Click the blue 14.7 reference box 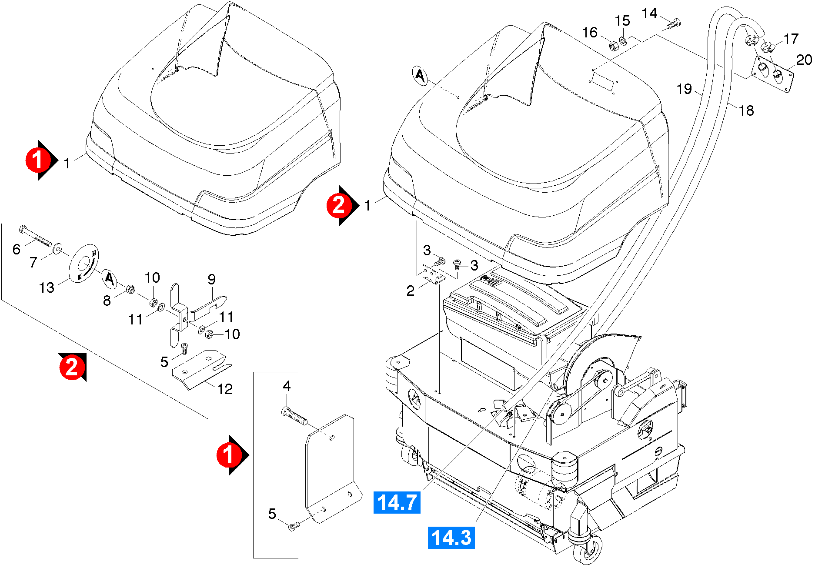[397, 502]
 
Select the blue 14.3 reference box [451, 537]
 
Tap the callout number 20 [804, 60]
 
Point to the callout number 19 [684, 89]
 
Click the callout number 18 [746, 110]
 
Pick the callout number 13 [47, 287]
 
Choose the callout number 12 [225, 389]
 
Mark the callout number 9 [212, 279]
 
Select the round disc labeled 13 [84, 264]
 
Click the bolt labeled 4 [294, 415]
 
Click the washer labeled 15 [623, 41]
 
